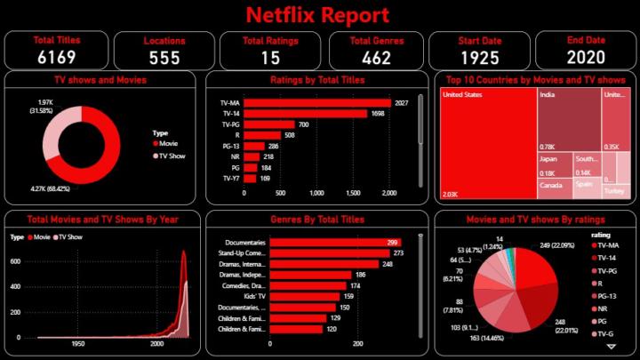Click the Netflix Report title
pos(317,15)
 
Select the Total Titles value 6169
pos(57,58)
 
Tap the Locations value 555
pos(164,58)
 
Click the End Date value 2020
pos(584,58)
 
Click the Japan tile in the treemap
pos(553,165)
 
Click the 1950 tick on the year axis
pos(78,343)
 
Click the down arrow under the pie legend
pos(610,346)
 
